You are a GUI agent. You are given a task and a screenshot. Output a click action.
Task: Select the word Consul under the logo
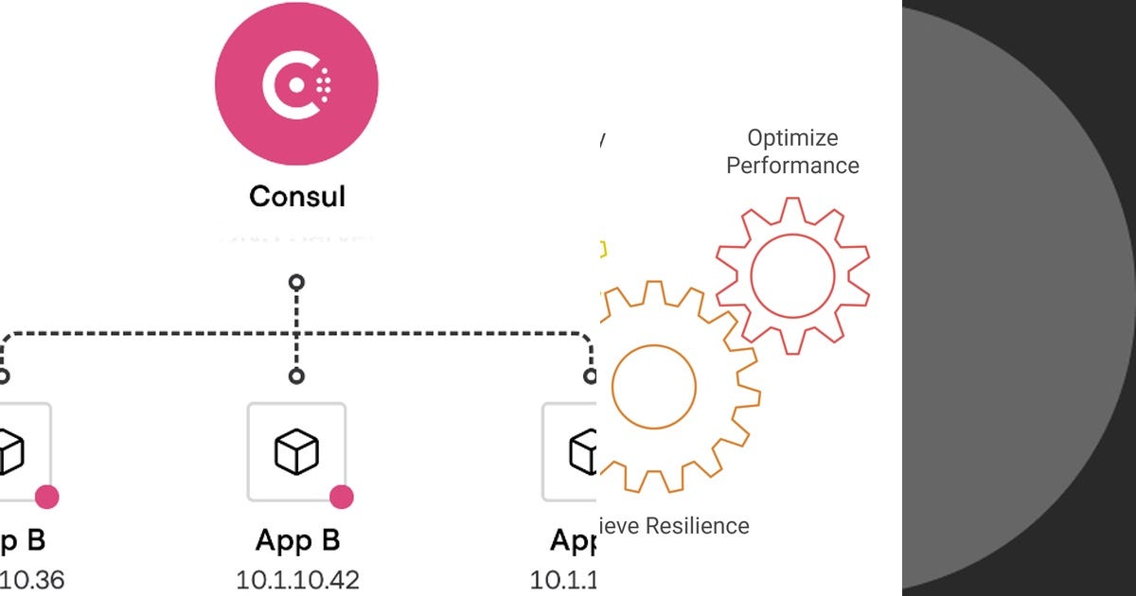pyautogui.click(x=297, y=197)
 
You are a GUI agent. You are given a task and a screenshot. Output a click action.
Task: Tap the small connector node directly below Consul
pyautogui.click(x=296, y=282)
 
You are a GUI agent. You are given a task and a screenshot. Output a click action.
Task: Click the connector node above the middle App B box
pyautogui.click(x=296, y=377)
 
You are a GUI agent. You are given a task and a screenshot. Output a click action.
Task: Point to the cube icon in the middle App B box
pyautogui.click(x=296, y=451)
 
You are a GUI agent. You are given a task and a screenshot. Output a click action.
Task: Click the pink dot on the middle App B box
pyautogui.click(x=341, y=497)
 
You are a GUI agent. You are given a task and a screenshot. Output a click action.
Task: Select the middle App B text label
pyautogui.click(x=297, y=541)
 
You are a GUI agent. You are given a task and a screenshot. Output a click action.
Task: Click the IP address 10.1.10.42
pyautogui.click(x=297, y=579)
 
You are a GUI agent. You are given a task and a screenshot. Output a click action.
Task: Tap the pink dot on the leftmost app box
pyautogui.click(x=46, y=497)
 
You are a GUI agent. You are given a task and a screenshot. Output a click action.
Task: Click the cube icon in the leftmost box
pyautogui.click(x=9, y=451)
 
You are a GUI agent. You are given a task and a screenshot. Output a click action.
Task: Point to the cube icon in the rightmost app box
pyautogui.click(x=581, y=451)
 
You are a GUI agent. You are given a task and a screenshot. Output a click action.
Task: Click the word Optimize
pyautogui.click(x=792, y=138)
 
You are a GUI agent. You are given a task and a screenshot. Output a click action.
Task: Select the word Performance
pyautogui.click(x=792, y=166)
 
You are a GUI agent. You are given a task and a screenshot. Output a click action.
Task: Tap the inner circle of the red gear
pyautogui.click(x=792, y=275)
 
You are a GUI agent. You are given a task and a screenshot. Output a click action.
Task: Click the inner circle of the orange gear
pyautogui.click(x=654, y=386)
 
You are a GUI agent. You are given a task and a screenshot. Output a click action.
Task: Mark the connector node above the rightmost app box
pyautogui.click(x=591, y=377)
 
